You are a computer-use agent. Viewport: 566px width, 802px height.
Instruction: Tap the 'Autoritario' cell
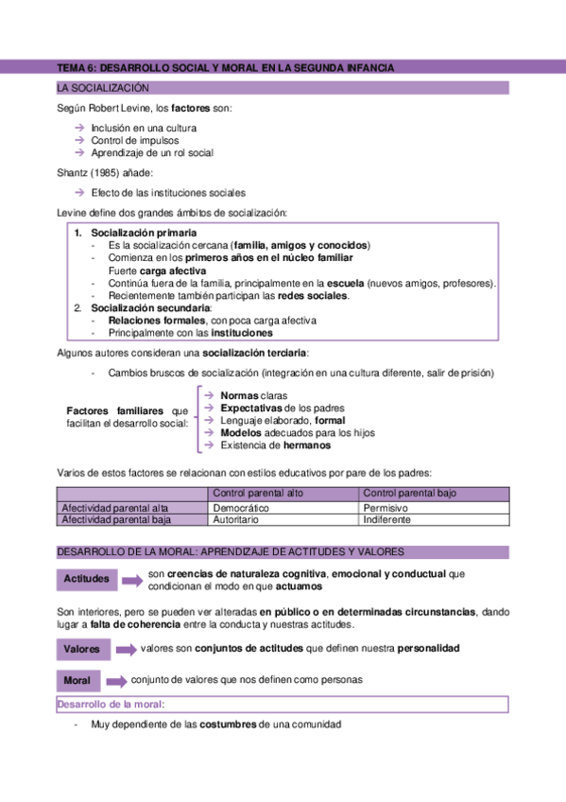(x=236, y=520)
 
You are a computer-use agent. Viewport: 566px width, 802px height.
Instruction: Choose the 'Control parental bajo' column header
(x=409, y=494)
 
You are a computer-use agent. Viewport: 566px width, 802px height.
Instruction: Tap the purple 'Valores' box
(x=83, y=650)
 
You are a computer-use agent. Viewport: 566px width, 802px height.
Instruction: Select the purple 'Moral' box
(x=77, y=681)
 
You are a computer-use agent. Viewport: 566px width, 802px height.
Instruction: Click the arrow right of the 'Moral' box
(x=116, y=681)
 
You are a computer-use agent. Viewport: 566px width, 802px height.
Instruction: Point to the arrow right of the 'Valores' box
(x=125, y=650)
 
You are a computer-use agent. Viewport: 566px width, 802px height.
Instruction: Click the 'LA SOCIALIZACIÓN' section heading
(x=104, y=88)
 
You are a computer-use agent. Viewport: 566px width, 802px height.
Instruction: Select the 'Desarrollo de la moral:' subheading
(x=111, y=705)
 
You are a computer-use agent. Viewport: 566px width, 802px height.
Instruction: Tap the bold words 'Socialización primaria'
(x=145, y=232)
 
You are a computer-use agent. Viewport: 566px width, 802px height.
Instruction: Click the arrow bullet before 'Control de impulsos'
(x=80, y=140)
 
